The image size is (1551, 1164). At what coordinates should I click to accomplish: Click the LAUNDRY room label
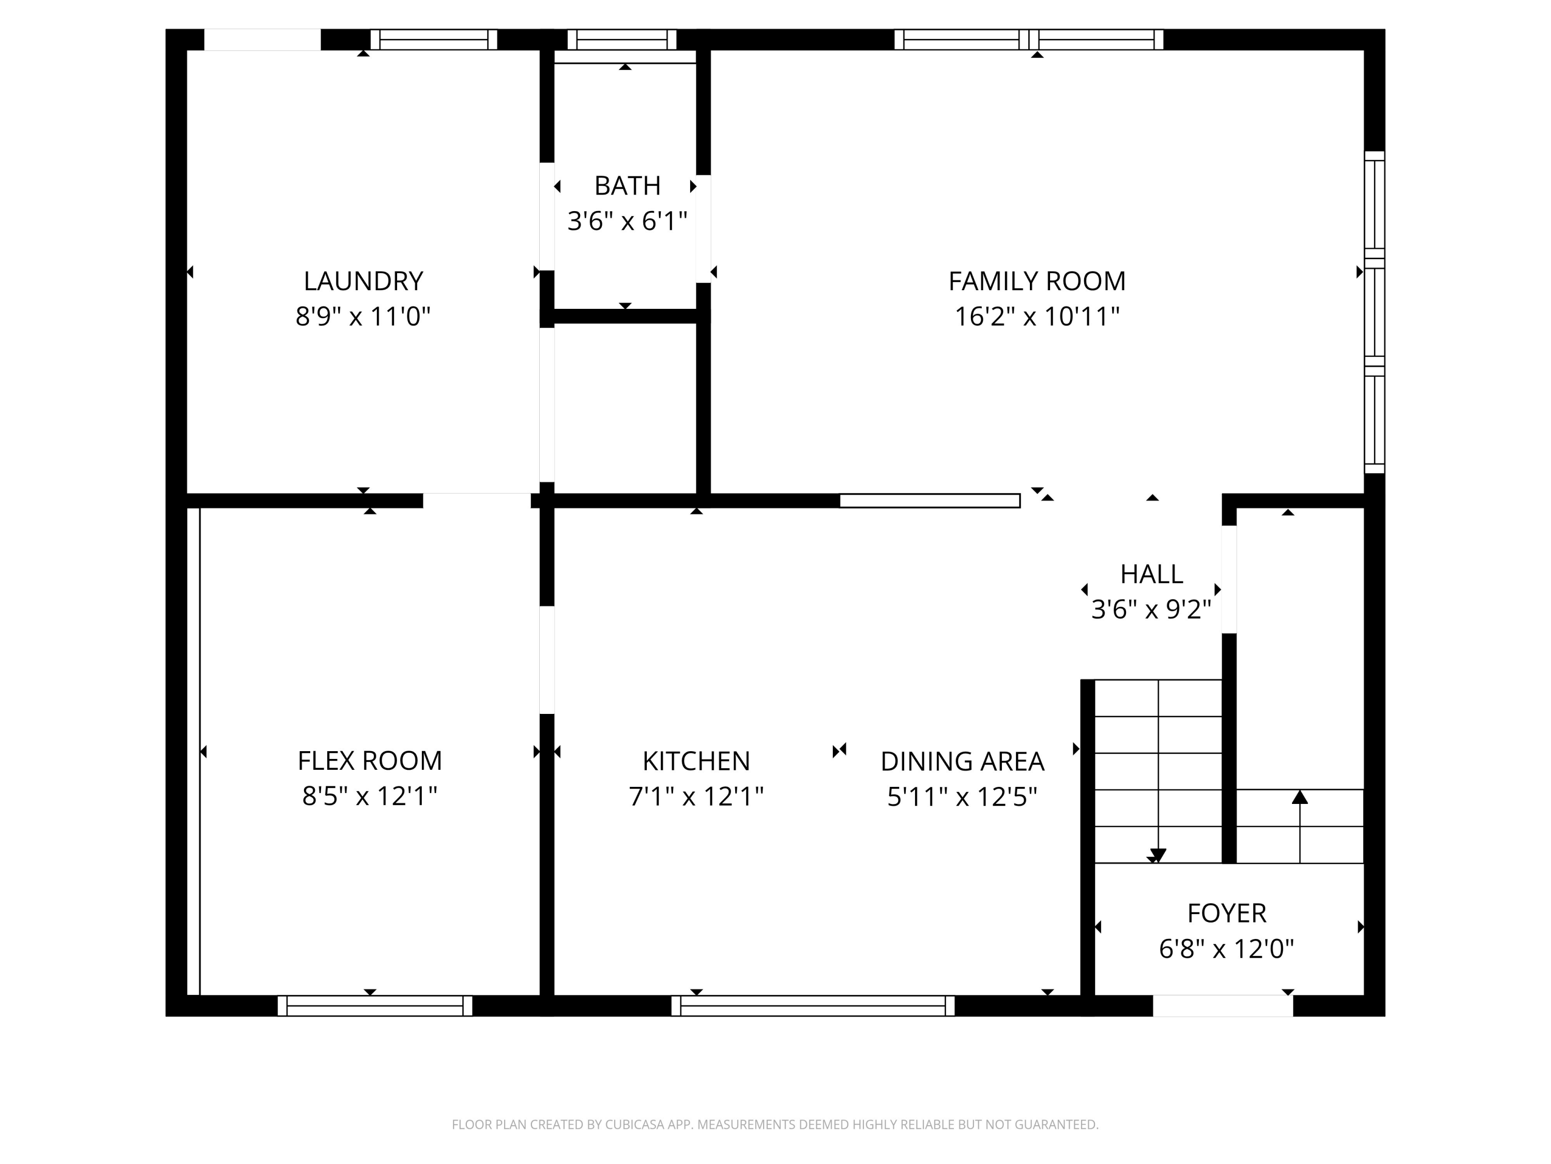click(363, 281)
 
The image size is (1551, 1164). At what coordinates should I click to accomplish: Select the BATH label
click(627, 186)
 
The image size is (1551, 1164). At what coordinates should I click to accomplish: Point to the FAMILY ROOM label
click(1037, 281)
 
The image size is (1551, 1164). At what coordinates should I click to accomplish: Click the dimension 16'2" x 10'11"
click(1037, 317)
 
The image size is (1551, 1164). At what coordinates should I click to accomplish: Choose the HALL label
click(1151, 574)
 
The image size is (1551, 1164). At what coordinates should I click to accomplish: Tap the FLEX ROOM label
click(370, 760)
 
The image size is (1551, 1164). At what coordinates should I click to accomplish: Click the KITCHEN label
click(695, 762)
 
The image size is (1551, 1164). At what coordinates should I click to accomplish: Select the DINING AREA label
click(962, 762)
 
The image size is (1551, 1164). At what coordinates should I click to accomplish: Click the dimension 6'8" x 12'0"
click(1226, 949)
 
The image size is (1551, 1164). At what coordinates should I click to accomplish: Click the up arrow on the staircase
click(1299, 798)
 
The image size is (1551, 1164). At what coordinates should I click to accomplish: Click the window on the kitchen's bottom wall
click(813, 1005)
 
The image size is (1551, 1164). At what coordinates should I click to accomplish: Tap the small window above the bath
click(621, 39)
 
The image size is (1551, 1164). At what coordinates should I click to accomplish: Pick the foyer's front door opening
click(1222, 1005)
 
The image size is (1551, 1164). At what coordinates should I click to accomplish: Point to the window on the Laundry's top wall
click(433, 39)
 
